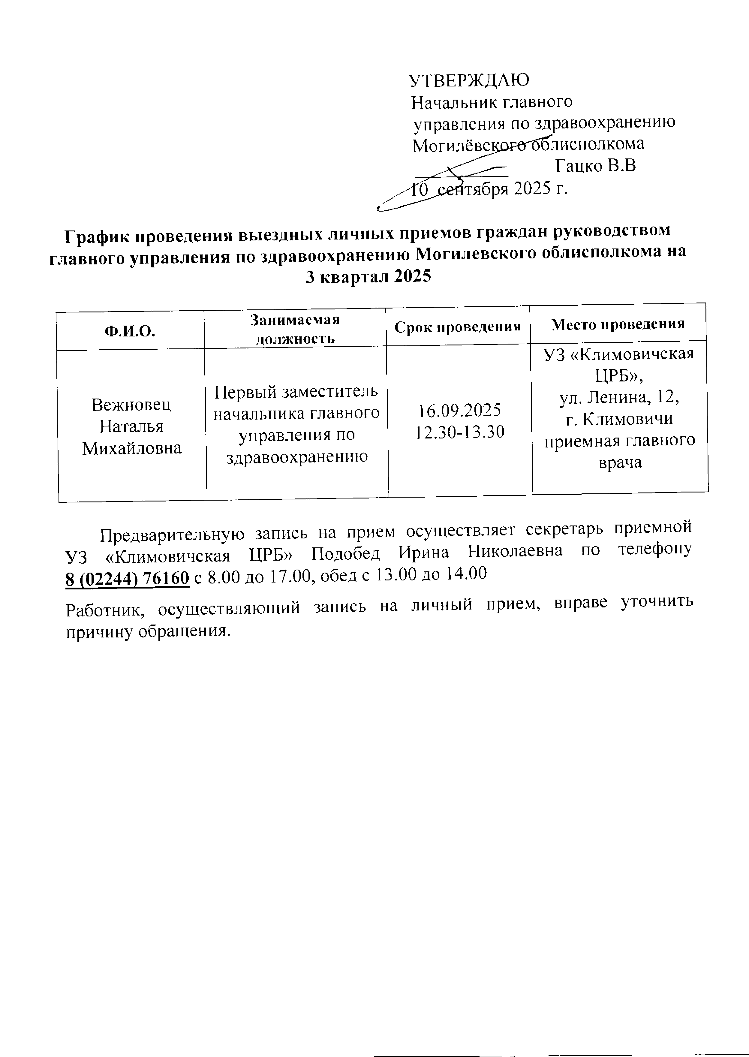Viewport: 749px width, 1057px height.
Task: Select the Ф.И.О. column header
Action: pyautogui.click(x=130, y=331)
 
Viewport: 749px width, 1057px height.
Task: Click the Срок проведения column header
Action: pyautogui.click(x=458, y=327)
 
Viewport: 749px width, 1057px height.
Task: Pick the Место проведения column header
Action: pyautogui.click(x=618, y=324)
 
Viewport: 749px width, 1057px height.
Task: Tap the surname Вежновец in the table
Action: pyautogui.click(x=131, y=405)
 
